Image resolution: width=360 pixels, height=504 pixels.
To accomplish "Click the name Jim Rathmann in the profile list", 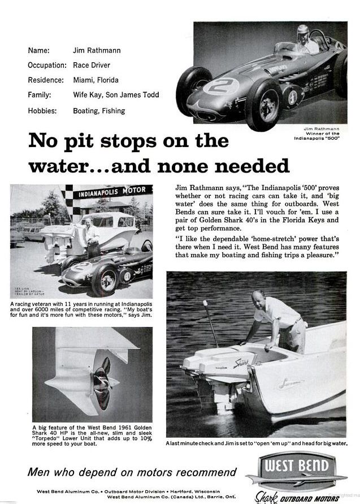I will (x=97, y=50).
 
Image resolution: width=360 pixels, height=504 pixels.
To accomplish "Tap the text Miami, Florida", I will (x=96, y=80).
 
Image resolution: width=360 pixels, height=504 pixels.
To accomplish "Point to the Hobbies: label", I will (x=42, y=111).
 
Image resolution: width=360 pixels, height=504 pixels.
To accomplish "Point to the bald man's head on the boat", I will (x=258, y=297).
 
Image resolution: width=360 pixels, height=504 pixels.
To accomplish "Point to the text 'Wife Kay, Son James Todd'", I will (x=116, y=95).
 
